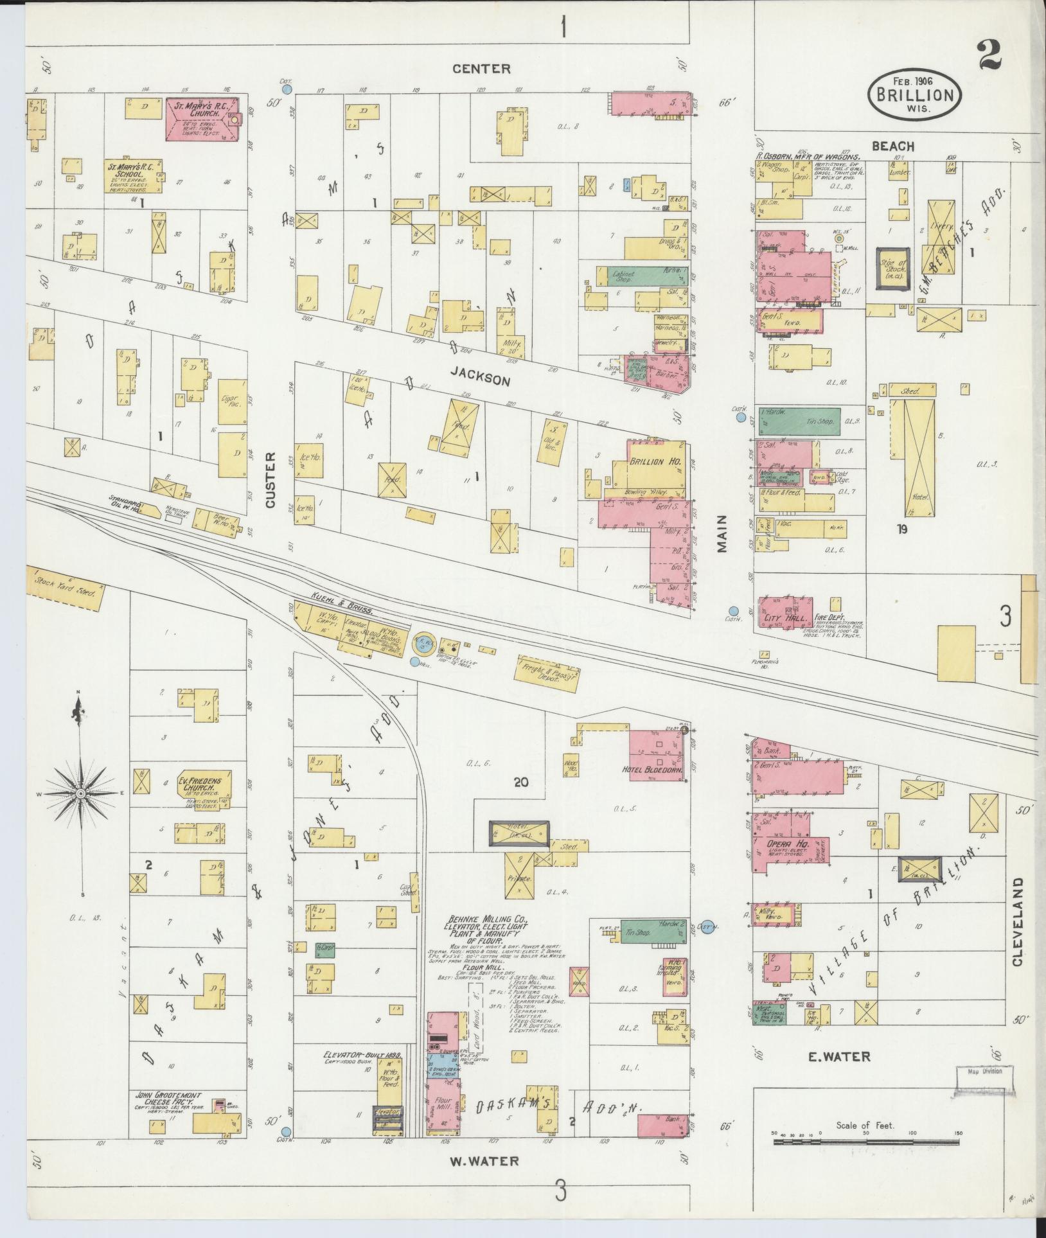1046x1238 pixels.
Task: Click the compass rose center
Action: point(81,794)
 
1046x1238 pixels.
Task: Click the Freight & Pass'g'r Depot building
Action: point(545,676)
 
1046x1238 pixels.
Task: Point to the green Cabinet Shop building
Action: point(648,274)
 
